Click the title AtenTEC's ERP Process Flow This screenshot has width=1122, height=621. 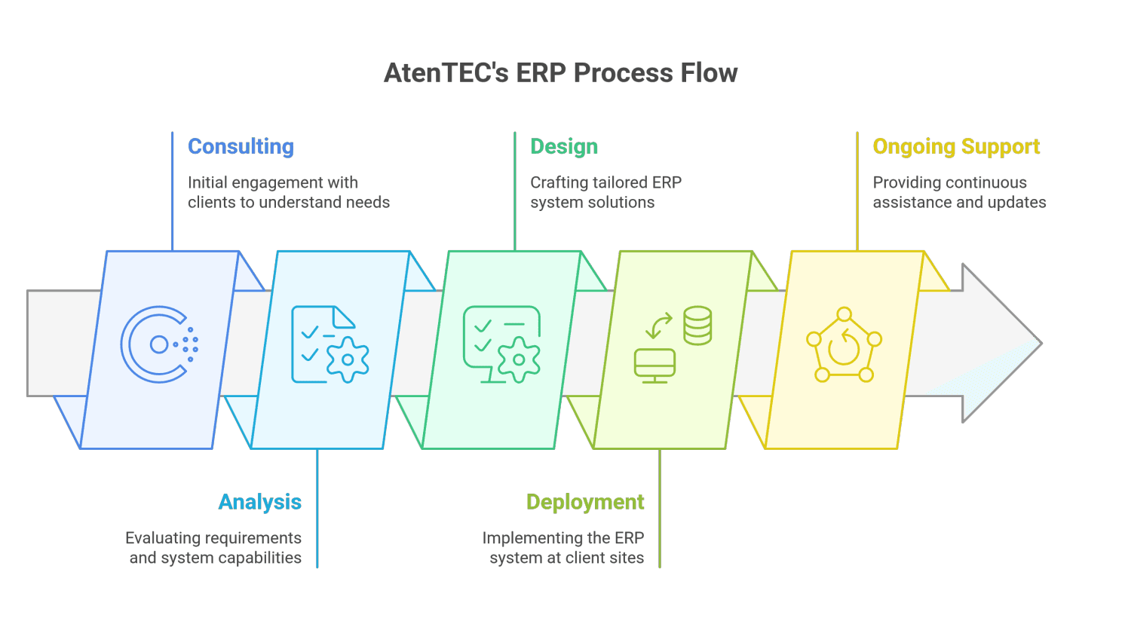(x=560, y=73)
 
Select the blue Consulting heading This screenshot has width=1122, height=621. (x=241, y=146)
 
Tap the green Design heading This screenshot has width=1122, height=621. (x=564, y=146)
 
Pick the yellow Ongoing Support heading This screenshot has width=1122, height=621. (x=956, y=146)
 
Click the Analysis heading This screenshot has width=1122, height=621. (x=260, y=502)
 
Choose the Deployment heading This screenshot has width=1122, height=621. (x=585, y=502)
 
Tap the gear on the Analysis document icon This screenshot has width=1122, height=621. (x=348, y=359)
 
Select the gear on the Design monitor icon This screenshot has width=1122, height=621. (x=519, y=359)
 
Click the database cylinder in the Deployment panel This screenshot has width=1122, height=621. (x=697, y=326)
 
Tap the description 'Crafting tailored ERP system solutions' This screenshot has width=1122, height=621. (x=605, y=192)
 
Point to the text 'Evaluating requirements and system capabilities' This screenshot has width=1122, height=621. (x=214, y=548)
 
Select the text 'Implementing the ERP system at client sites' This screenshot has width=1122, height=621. (x=563, y=548)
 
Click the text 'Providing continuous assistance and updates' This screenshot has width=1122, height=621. (x=959, y=192)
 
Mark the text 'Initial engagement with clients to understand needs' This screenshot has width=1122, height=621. (x=288, y=192)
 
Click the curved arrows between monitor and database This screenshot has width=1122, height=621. (x=659, y=326)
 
